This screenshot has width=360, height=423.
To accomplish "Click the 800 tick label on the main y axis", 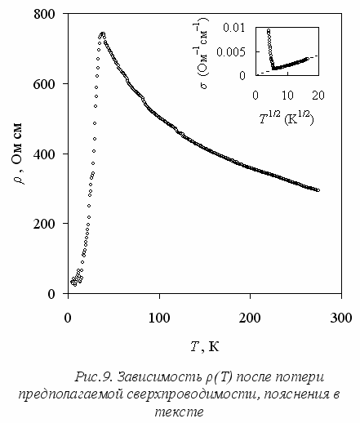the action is [44, 14].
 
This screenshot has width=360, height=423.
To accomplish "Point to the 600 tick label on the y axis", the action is [44, 84].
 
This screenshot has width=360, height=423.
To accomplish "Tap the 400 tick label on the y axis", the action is [44, 154].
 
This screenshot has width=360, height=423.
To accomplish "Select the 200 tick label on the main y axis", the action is [44, 224].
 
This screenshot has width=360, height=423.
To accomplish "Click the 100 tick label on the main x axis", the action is [159, 318].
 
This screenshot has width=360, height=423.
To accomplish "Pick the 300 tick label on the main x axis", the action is [341, 318].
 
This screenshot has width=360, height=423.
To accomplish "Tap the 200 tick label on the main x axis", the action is [250, 318].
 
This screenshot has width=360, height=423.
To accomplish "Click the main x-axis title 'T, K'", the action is [205, 346].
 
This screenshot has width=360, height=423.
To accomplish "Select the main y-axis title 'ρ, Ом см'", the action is [19, 154].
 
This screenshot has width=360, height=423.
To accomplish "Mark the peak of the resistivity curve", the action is [103, 33].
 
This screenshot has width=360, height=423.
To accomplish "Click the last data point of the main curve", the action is [318, 190].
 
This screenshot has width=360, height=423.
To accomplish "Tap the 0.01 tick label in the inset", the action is [234, 28].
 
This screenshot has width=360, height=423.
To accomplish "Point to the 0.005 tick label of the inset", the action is [231, 51].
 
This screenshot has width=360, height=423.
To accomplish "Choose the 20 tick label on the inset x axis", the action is [318, 96].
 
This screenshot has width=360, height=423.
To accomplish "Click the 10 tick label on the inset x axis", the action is [287, 96].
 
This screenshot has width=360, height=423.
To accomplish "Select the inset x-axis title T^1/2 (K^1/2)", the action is [287, 118].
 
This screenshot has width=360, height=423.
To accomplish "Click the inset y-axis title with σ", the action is [202, 53].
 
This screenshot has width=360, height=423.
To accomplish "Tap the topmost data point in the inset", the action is [269, 30].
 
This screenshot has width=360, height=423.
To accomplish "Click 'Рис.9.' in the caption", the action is [93, 377].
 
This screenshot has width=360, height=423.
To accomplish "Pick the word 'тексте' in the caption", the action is [179, 412].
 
